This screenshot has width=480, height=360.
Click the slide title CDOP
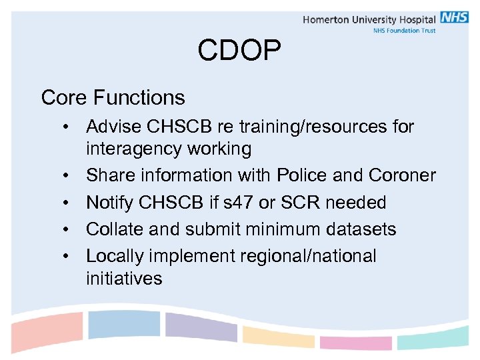pos(239,51)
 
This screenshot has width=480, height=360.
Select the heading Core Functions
pos(113,97)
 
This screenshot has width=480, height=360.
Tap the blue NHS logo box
pos(454,18)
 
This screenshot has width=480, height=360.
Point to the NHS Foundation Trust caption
pos(404,31)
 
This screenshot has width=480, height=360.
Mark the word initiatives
pos(124,278)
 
